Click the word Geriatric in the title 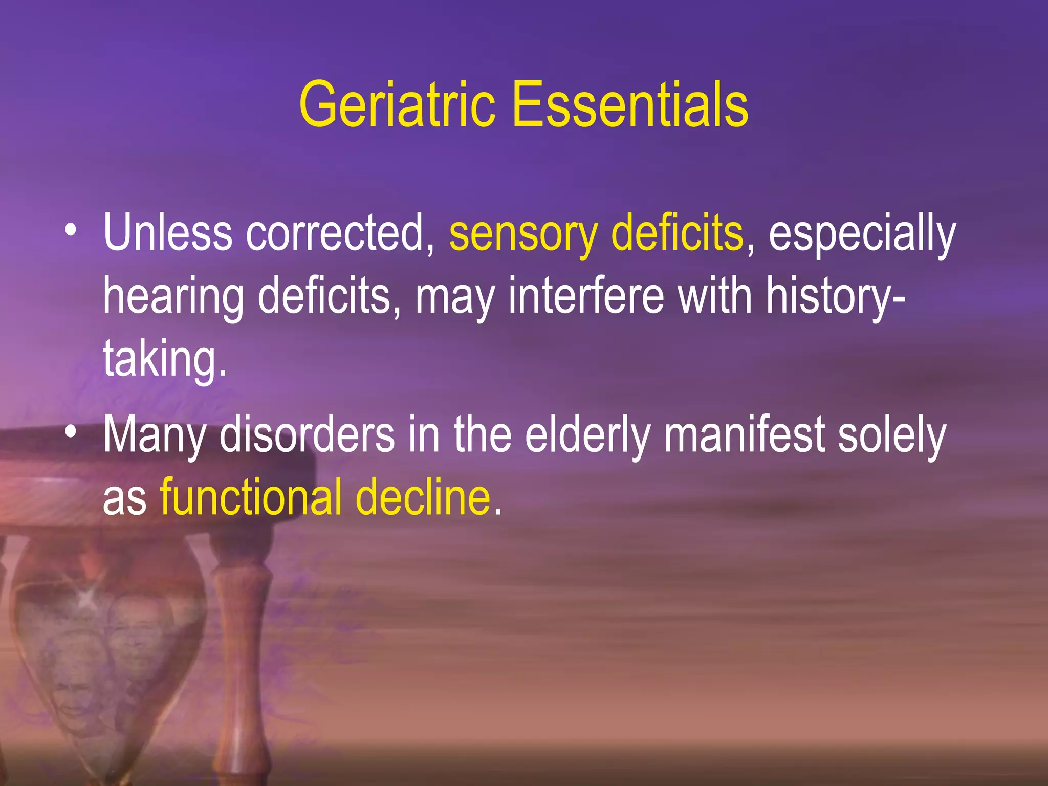coord(397,105)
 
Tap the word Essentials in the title coord(630,105)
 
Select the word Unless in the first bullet coord(168,233)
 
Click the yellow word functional coord(251,496)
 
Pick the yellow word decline coord(423,496)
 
